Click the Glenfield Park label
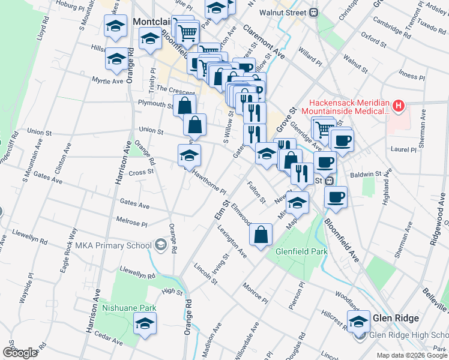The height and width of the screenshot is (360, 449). (301, 251)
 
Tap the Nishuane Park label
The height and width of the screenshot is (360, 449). (129, 307)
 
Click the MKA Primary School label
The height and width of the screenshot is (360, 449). (113, 245)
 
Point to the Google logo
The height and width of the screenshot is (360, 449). (20, 353)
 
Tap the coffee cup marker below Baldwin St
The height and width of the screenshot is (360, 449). (336, 197)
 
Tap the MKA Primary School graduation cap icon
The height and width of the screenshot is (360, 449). (160, 244)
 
